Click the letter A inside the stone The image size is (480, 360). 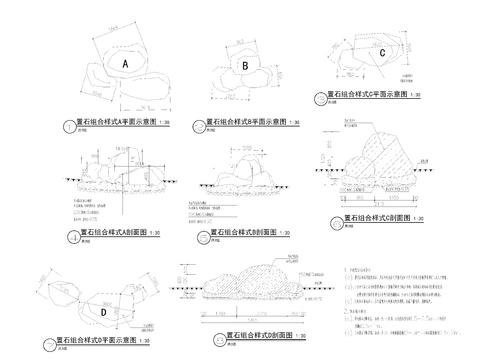(x=126, y=63)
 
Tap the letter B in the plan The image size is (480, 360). (x=245, y=67)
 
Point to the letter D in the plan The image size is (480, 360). (x=103, y=312)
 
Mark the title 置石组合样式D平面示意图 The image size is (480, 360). (x=96, y=340)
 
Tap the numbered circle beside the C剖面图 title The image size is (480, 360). (x=334, y=219)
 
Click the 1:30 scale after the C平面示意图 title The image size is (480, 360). (x=414, y=94)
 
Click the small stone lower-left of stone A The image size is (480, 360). (x=99, y=86)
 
